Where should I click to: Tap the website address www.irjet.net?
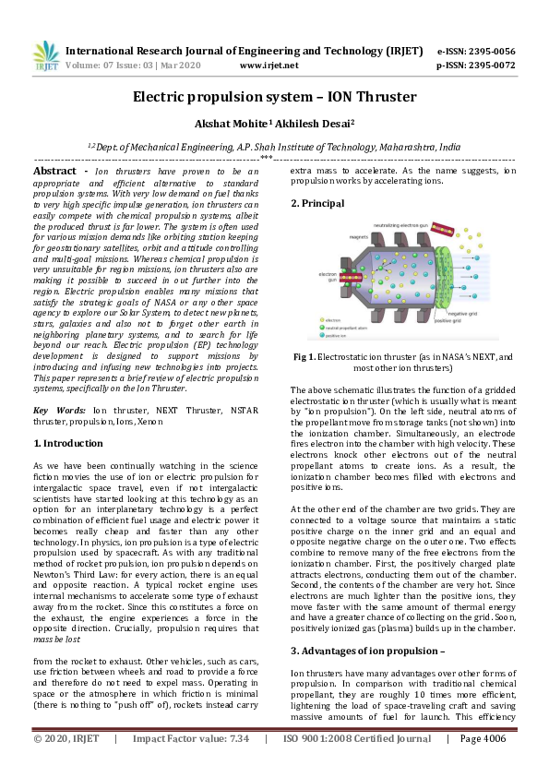coord(269,66)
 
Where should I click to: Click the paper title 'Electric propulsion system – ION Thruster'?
coord(274,96)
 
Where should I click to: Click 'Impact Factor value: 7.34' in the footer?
coord(191,764)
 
